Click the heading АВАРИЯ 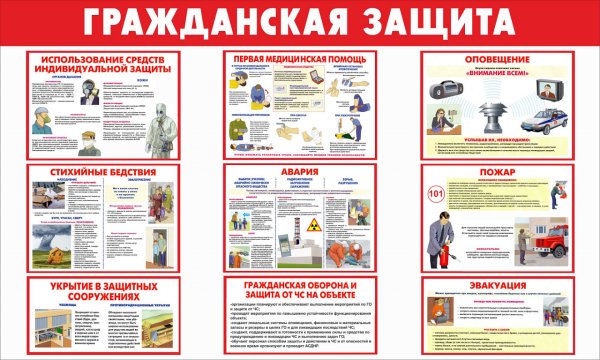[299, 171]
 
